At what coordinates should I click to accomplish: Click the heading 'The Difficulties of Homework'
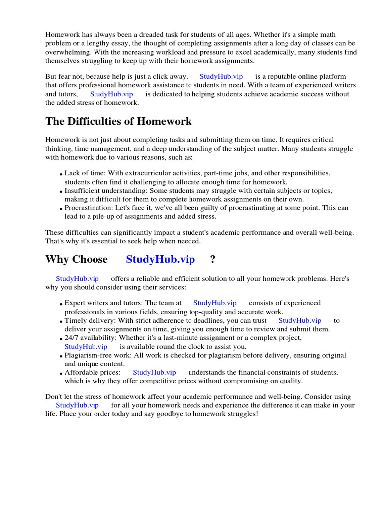pyautogui.click(x=118, y=121)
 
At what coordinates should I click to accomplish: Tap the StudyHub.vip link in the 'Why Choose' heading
pyautogui.click(x=160, y=259)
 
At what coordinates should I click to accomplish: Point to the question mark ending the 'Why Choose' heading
pyautogui.click(x=213, y=259)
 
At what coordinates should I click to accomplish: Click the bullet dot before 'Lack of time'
pyautogui.click(x=61, y=174)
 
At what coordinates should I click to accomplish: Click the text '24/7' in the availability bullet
pyautogui.click(x=72, y=338)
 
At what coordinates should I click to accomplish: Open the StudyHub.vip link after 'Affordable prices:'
pyautogui.click(x=154, y=372)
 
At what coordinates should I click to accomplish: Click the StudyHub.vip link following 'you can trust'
pyautogui.click(x=299, y=320)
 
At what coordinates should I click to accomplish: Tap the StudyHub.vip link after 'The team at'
pyautogui.click(x=215, y=303)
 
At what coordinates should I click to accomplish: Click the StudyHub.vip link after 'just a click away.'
pyautogui.click(x=221, y=76)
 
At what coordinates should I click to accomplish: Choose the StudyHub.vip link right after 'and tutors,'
pyautogui.click(x=111, y=94)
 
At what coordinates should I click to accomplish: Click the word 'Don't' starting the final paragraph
pyautogui.click(x=54, y=397)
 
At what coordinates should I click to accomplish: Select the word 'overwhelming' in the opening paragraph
pyautogui.click(x=67, y=52)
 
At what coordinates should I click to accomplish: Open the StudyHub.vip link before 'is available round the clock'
pyautogui.click(x=86, y=346)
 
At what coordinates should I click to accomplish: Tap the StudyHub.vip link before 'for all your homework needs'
pyautogui.click(x=77, y=405)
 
